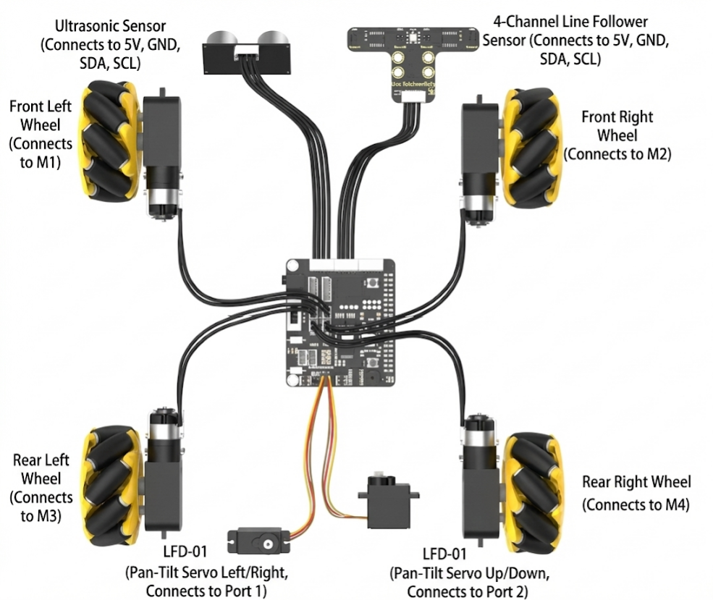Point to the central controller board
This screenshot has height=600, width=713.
(x=341, y=321)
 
